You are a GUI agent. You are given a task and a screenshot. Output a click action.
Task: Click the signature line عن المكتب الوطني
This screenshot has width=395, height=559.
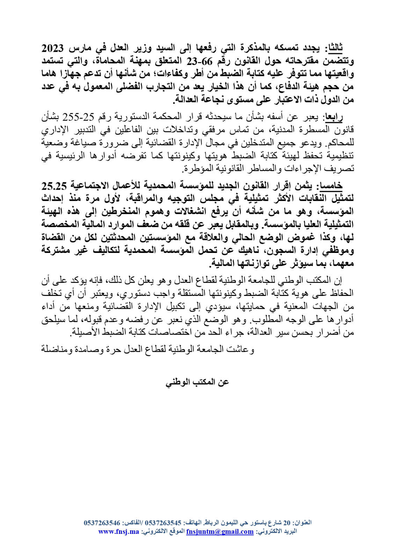click(197, 382)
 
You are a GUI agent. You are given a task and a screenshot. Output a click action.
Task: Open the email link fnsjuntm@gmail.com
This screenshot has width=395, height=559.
click(220, 531)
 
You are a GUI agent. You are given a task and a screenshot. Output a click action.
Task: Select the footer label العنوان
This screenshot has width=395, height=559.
click(301, 523)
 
